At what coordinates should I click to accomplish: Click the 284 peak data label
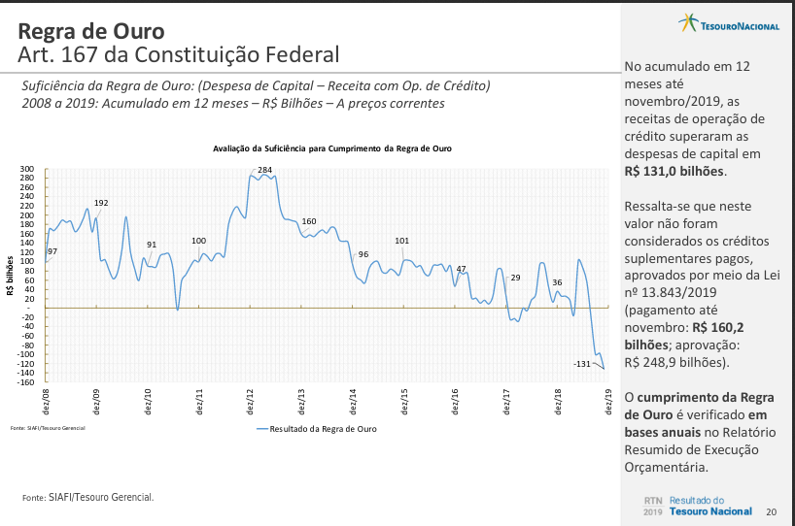[x=264, y=170]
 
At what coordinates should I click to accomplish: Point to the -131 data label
[x=582, y=363]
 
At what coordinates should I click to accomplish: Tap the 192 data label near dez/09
[x=101, y=203]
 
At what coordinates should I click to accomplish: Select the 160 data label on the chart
[x=309, y=222]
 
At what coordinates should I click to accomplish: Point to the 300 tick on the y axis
[x=27, y=169]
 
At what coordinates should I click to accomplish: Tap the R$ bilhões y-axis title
[x=9, y=276]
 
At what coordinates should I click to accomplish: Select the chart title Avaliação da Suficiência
[x=332, y=148]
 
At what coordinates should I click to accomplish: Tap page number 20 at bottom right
[x=771, y=511]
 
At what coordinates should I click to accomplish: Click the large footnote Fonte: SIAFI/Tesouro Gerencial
[x=87, y=497]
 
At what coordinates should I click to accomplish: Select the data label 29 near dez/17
[x=515, y=278]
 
